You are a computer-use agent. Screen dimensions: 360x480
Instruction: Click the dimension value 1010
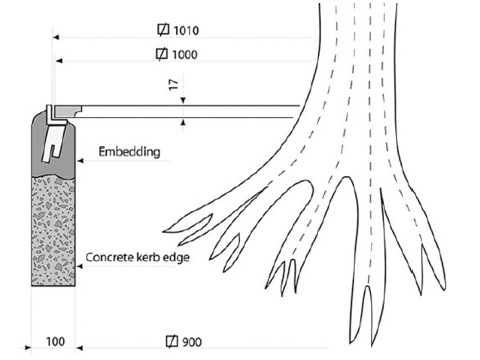(x=186, y=30)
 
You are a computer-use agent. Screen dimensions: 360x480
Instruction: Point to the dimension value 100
(x=55, y=342)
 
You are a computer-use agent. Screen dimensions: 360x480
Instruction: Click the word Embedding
(x=129, y=152)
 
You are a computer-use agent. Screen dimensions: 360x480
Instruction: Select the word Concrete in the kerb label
(x=105, y=257)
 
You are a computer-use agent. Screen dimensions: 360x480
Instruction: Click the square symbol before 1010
(x=164, y=30)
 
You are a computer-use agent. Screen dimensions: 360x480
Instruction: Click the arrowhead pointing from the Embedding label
(x=80, y=161)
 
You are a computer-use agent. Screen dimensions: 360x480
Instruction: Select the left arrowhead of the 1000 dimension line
(x=59, y=61)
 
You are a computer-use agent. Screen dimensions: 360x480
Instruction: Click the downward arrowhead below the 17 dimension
(x=183, y=100)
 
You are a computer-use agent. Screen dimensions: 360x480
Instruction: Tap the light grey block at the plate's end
(x=68, y=110)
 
